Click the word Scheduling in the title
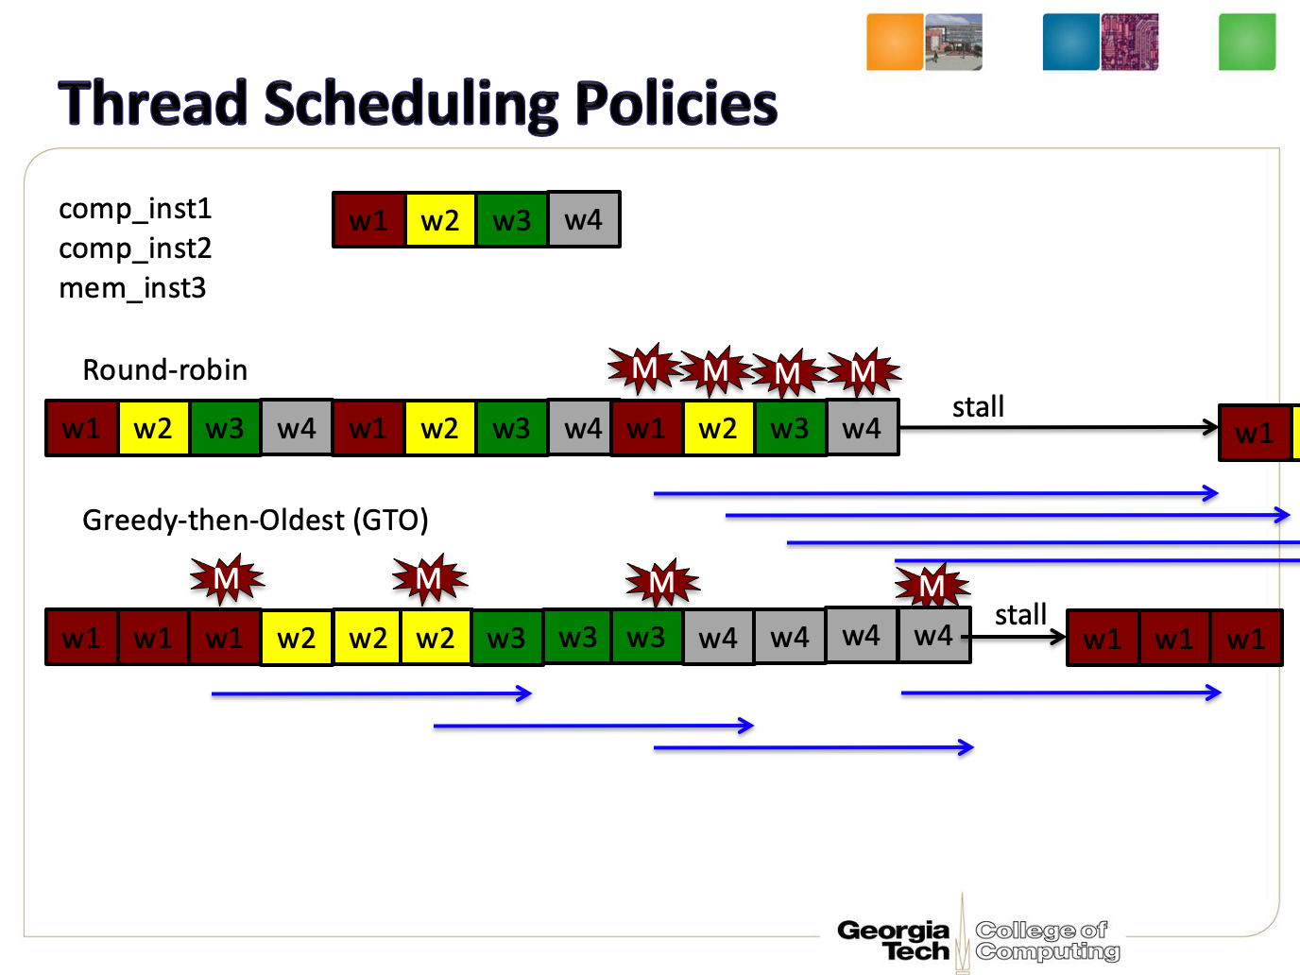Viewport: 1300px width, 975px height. (x=411, y=104)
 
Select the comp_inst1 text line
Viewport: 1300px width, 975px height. (x=135, y=210)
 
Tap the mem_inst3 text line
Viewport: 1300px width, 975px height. (x=132, y=289)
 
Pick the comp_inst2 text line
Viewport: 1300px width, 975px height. (x=135, y=249)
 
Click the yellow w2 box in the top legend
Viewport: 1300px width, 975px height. (x=440, y=219)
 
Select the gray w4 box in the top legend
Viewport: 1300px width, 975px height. (x=584, y=219)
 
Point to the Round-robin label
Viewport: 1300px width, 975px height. (x=164, y=370)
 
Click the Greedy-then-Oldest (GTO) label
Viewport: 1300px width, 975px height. (x=255, y=521)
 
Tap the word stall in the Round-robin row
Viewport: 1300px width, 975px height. (x=978, y=407)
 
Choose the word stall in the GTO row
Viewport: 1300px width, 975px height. (x=1020, y=614)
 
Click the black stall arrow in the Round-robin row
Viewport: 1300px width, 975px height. (x=1059, y=427)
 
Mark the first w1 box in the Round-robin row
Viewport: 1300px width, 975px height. (x=82, y=428)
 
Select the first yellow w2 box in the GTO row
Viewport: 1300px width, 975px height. (x=296, y=638)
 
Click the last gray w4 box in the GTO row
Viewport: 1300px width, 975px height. (x=934, y=635)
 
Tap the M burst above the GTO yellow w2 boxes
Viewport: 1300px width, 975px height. (x=429, y=579)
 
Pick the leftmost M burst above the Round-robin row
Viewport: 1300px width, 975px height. (x=644, y=368)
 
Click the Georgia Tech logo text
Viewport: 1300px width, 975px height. (x=894, y=941)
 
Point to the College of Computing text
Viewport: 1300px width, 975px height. (x=1047, y=941)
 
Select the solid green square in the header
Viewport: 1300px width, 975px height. (x=1247, y=42)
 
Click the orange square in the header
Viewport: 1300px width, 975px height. (x=895, y=42)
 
